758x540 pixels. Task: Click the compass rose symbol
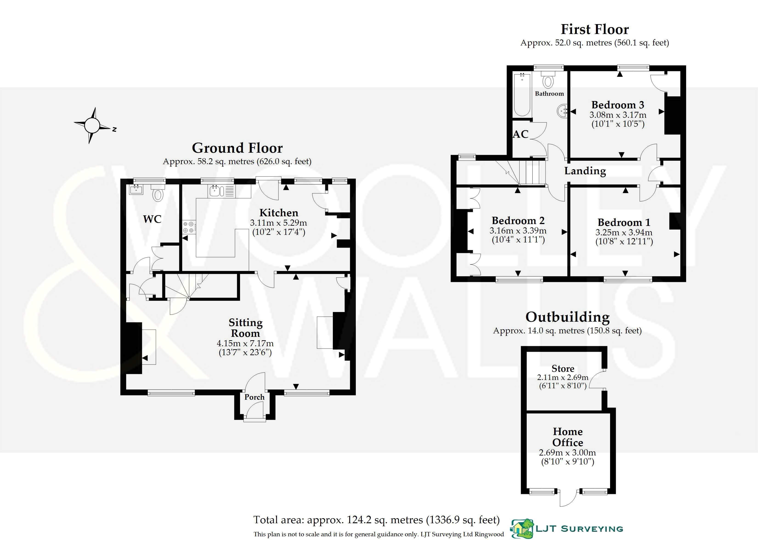coord(92,126)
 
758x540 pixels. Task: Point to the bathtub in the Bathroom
coord(521,95)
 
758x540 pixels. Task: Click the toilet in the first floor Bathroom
coord(548,80)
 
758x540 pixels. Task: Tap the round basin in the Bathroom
coord(562,111)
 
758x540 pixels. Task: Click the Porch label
coord(255,397)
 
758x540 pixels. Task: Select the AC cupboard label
coord(520,134)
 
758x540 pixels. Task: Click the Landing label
coord(585,171)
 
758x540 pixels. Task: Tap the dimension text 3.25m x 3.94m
coord(624,232)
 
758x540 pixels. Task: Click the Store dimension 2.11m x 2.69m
coord(563,377)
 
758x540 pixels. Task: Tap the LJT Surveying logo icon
coord(522,528)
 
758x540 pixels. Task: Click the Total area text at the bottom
coord(376,520)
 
